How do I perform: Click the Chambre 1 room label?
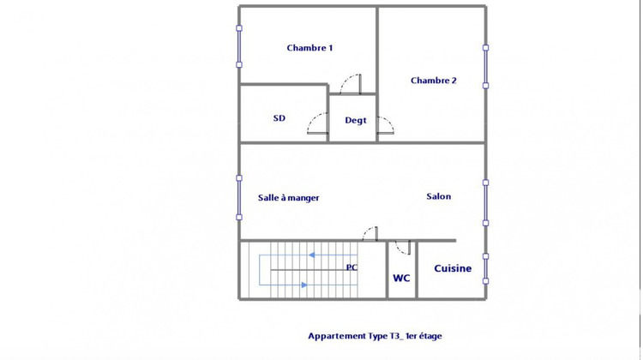click(309, 48)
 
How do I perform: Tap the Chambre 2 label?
click(433, 81)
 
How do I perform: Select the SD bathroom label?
click(279, 118)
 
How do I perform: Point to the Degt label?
click(356, 120)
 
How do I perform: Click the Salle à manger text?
click(289, 197)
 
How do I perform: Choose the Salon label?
click(438, 196)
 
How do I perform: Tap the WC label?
click(401, 278)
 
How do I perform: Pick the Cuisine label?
click(453, 268)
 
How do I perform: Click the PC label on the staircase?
click(352, 267)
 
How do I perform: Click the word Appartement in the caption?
click(336, 336)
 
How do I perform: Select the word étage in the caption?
click(428, 336)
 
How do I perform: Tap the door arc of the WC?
click(402, 248)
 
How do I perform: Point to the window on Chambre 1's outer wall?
click(239, 46)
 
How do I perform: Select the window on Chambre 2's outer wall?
click(485, 66)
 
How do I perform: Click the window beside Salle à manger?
click(239, 198)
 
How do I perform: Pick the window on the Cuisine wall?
click(485, 268)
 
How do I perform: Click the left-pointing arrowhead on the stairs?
click(313, 255)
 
